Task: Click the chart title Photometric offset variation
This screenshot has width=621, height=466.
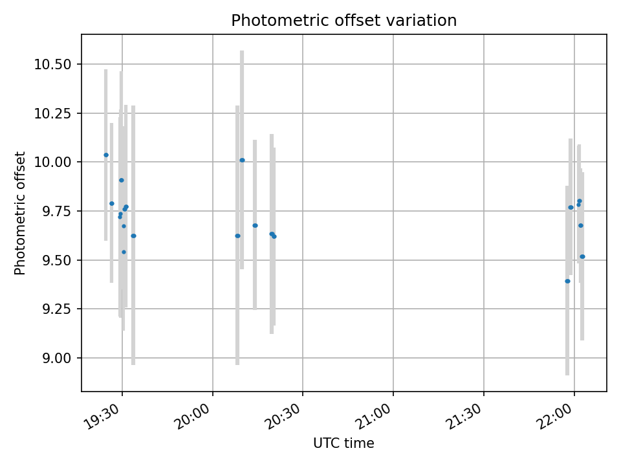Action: click(343, 21)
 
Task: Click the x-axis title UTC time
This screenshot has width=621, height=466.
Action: click(343, 443)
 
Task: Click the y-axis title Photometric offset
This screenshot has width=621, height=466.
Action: click(20, 213)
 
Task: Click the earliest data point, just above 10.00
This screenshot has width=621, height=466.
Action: click(106, 155)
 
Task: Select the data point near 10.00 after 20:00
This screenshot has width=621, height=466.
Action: click(242, 160)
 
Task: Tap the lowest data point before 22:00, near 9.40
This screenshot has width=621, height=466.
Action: click(567, 281)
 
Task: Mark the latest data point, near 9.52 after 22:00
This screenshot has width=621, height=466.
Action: click(582, 256)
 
